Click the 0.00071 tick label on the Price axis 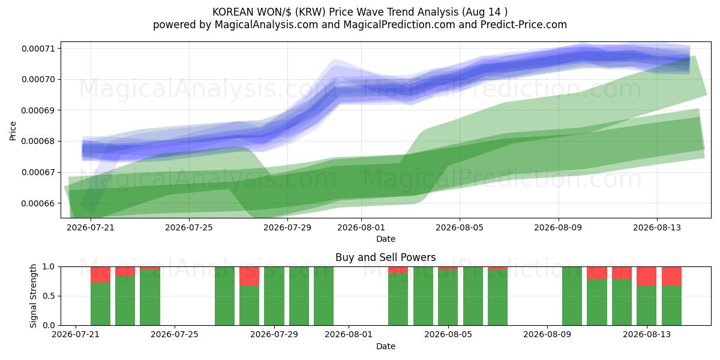coord(38,49)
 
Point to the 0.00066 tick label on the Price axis coord(38,203)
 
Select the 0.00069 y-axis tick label coord(38,110)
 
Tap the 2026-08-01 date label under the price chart coord(361,227)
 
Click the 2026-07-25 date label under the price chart coord(189,227)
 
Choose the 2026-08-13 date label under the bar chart coord(647,334)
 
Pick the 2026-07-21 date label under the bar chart coord(76,334)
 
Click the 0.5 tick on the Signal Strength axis coord(49,296)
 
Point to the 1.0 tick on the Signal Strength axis coord(49,267)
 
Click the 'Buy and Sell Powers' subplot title coord(385,257)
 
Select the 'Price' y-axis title coord(13,131)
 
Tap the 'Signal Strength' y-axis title coord(33,296)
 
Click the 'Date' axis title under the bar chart coord(386,346)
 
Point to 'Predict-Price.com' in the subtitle coord(524,25)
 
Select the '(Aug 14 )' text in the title coord(485,12)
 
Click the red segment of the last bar coord(671,276)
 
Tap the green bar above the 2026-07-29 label coord(274,296)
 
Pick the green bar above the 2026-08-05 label coord(448,298)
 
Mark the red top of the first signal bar coord(100,275)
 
